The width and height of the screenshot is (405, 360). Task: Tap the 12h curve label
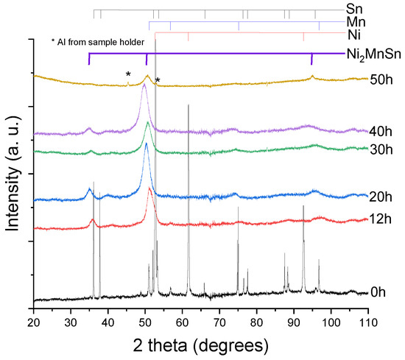[x=379, y=219]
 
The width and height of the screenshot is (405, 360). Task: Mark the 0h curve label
[x=378, y=292]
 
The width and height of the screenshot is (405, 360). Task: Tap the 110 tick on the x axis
[x=368, y=322]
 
